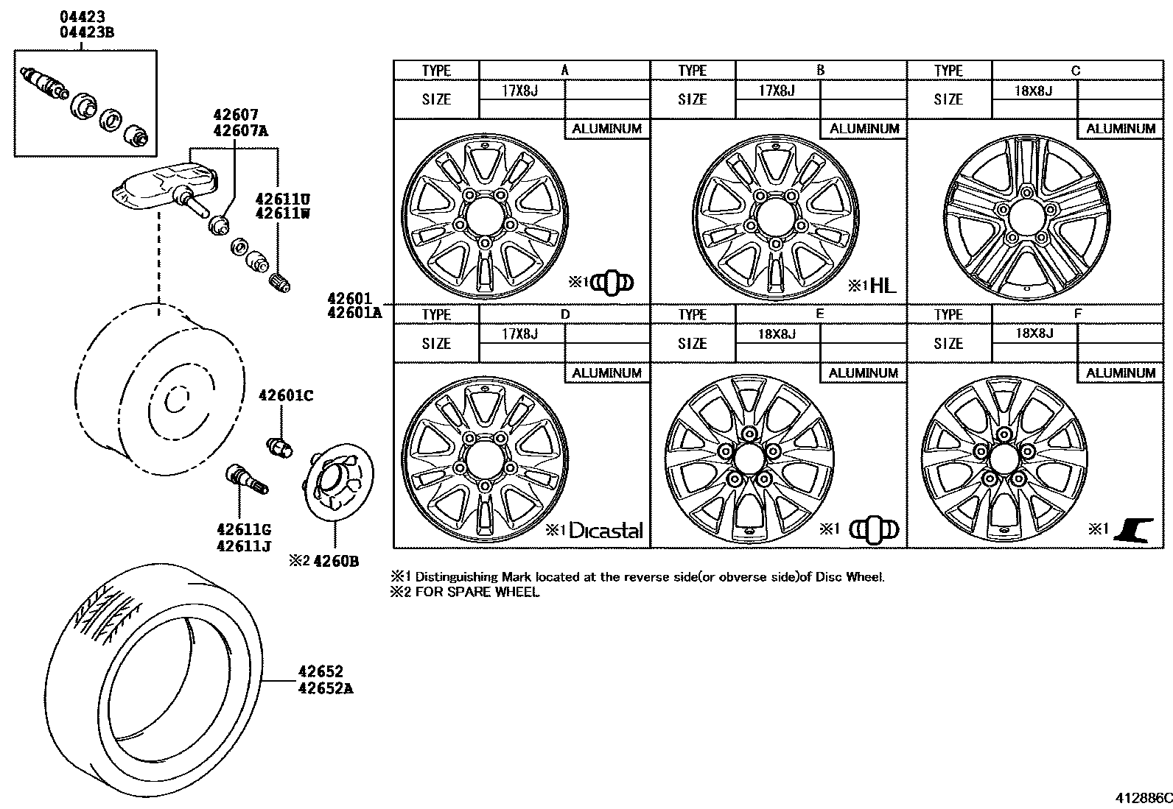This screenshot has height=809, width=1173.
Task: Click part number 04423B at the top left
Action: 87,32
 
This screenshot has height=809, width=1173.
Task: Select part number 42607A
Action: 241,131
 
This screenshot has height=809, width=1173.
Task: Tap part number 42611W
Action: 282,213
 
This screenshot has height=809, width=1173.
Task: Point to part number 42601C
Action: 286,397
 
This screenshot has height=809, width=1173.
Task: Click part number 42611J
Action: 245,546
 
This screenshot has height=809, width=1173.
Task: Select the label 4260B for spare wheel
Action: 335,562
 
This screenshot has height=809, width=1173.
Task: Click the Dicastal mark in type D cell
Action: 606,531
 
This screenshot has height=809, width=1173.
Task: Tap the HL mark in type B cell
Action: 883,286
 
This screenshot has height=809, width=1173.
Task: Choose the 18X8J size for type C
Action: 1034,91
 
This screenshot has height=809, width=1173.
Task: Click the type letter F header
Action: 1077,314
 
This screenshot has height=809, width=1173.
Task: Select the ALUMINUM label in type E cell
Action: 863,373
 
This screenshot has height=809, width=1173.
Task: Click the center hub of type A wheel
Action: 484,217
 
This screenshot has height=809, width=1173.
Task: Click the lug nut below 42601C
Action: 279,446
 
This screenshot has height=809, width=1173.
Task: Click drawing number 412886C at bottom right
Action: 1141,798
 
